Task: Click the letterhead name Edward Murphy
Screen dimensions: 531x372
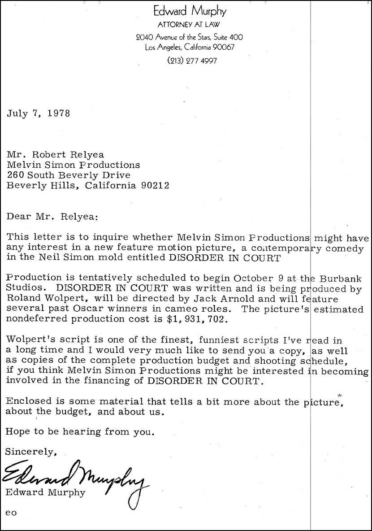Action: (190, 11)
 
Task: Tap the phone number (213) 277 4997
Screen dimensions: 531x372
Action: (192, 61)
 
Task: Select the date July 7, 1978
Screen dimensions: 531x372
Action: (38, 113)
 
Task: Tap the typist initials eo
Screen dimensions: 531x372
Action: (11, 513)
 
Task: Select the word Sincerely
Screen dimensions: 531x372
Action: (30, 452)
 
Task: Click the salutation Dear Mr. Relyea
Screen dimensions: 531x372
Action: (52, 217)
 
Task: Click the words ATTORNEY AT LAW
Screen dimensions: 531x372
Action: (190, 25)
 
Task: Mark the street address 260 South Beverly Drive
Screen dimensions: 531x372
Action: (68, 175)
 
